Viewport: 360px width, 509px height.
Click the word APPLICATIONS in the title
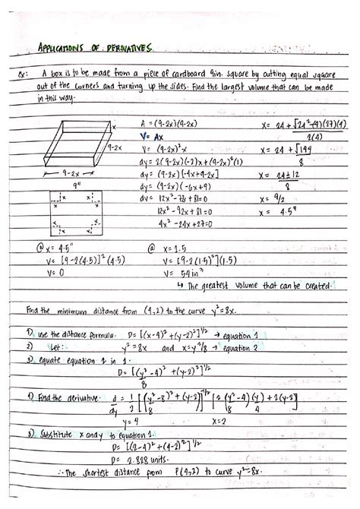63,49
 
